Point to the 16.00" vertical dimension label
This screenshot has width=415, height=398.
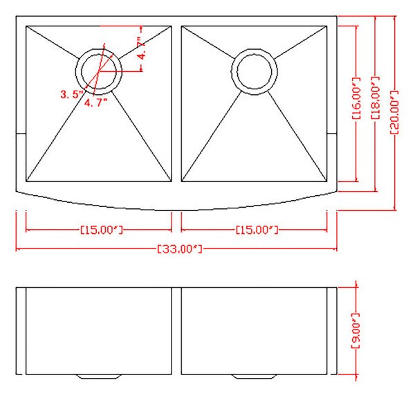[357, 99]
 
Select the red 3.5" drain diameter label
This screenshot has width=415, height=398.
[71, 93]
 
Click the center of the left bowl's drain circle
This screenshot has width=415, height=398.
[100, 70]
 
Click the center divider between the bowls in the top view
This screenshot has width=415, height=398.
[177, 104]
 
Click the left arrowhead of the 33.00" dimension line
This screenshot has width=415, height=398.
[17, 248]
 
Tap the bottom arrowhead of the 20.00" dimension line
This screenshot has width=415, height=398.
[394, 207]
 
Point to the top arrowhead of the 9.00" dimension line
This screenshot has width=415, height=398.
[356, 284]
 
